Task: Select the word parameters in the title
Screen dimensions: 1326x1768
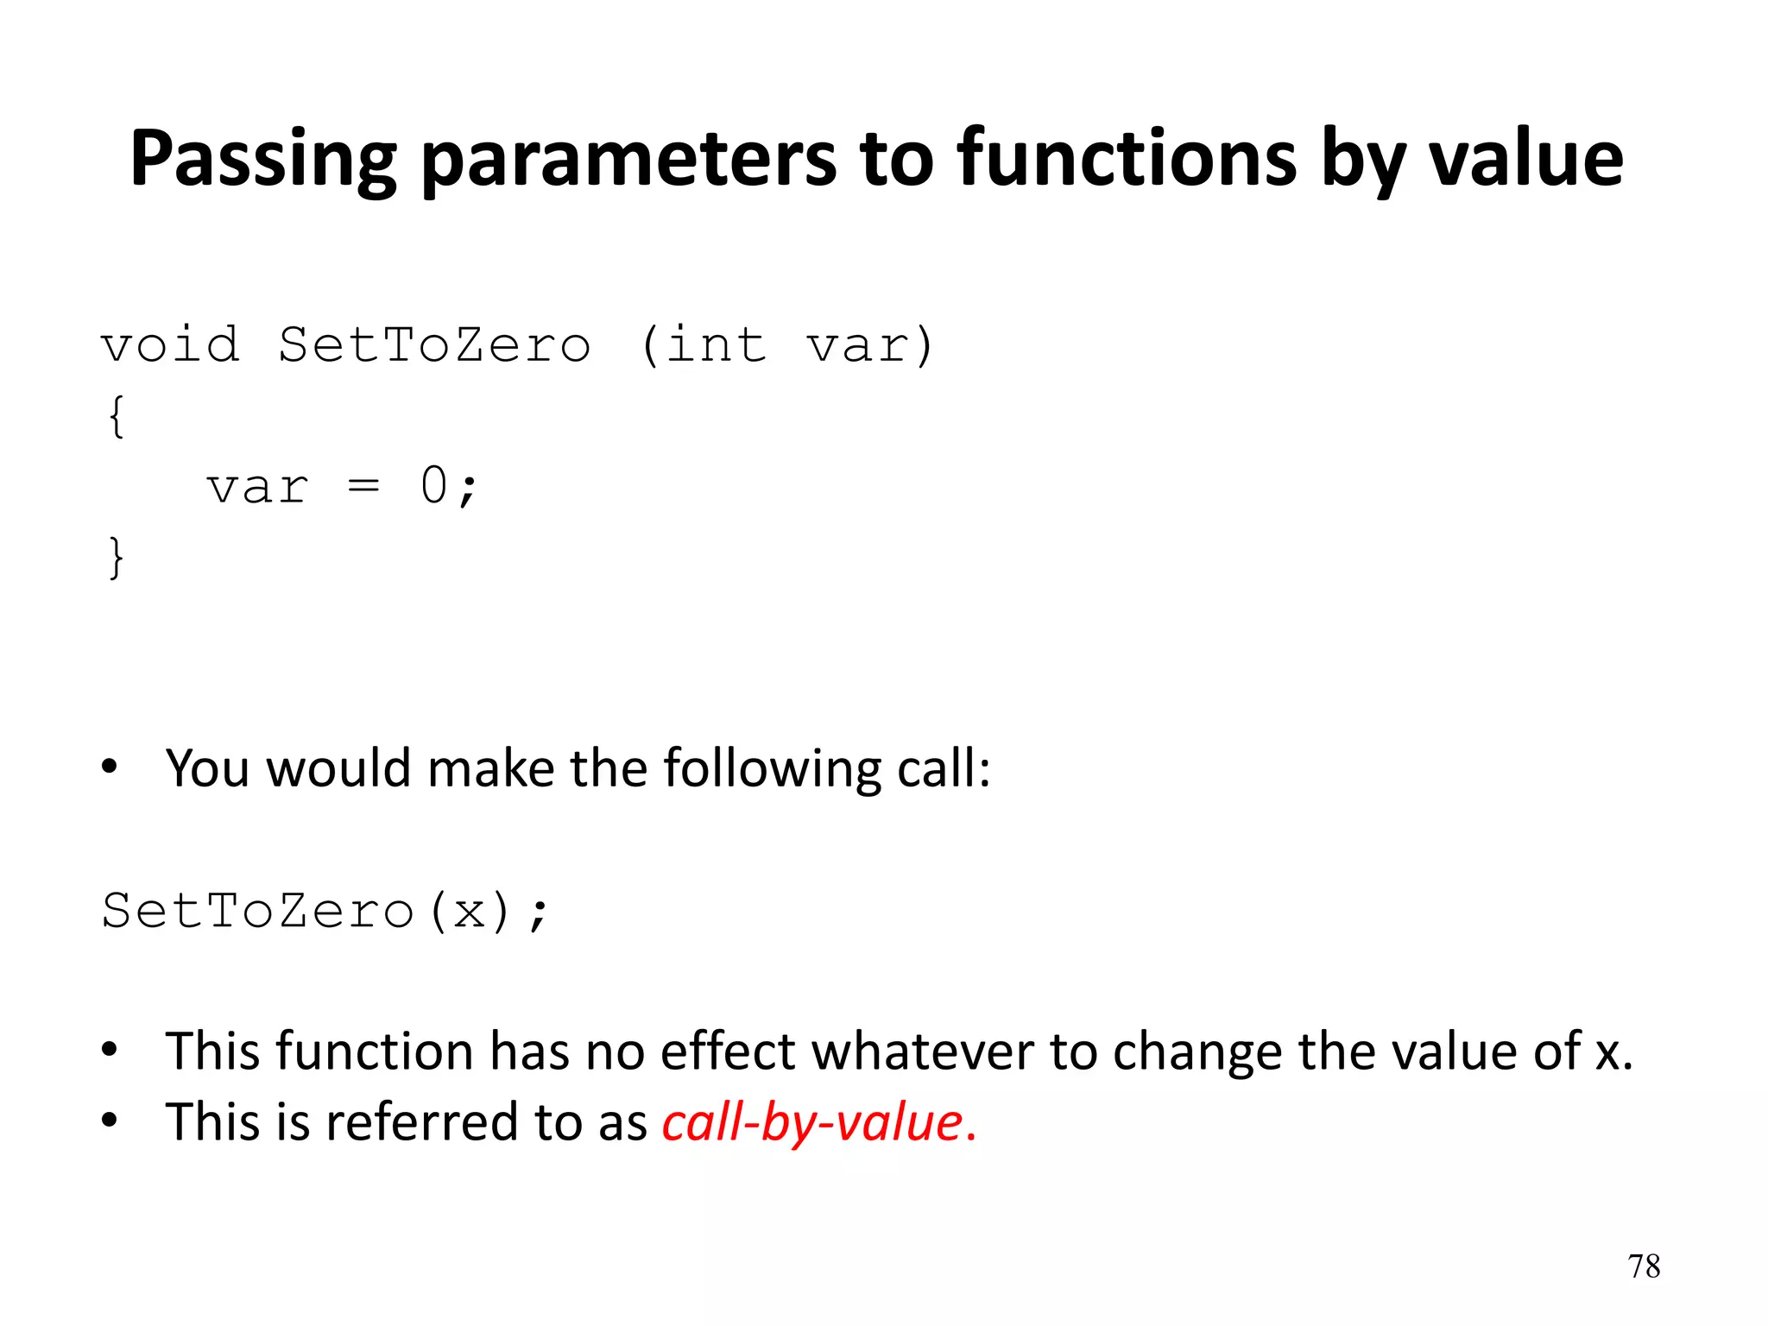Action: (628, 160)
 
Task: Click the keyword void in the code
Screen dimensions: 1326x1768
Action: (170, 345)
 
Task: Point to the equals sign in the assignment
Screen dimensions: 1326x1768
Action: (363, 487)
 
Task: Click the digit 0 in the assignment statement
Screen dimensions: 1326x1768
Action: (434, 485)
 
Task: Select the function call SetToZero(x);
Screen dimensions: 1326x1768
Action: (325, 912)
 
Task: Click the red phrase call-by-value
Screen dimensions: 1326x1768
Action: (812, 1123)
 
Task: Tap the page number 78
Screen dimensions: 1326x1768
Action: (1644, 1266)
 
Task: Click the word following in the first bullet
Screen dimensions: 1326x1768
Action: (772, 768)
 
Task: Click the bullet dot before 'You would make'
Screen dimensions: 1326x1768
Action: (109, 767)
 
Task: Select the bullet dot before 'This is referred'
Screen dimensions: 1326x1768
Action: (109, 1121)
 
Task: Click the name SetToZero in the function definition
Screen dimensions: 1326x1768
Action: (434, 345)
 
